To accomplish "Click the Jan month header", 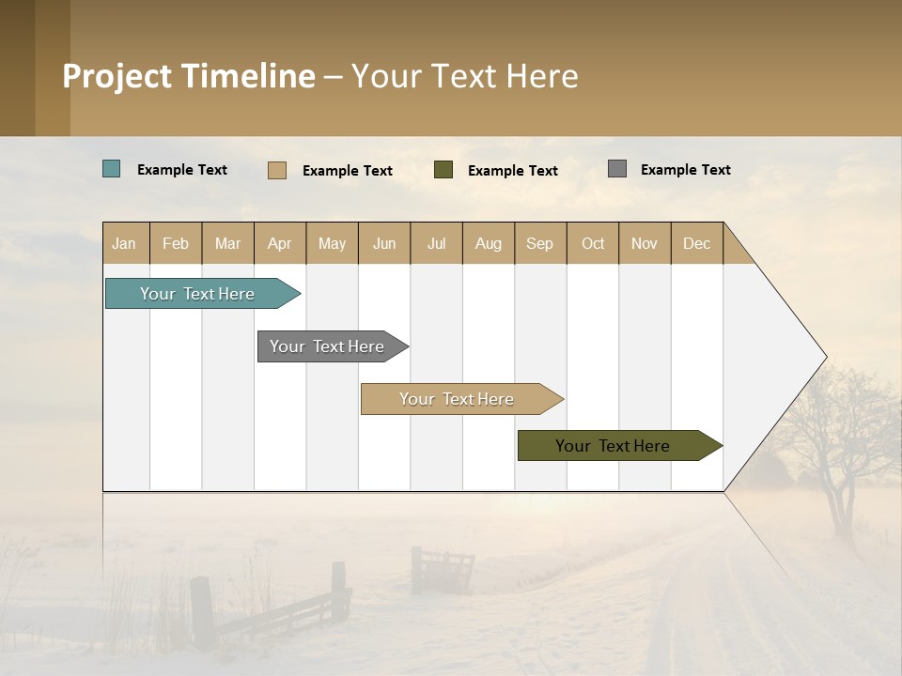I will [x=125, y=243].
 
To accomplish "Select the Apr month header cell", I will [x=280, y=243].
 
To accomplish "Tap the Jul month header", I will [x=436, y=243].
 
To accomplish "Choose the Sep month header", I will [x=540, y=243].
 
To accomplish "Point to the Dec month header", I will [x=696, y=243].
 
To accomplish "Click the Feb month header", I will [x=176, y=243].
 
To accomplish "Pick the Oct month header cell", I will [x=593, y=243].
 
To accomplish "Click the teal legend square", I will [x=112, y=169].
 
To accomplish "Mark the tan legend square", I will [x=277, y=170].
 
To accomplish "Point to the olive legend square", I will [x=443, y=170].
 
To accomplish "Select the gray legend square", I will [x=617, y=169].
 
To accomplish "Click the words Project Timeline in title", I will [x=189, y=76].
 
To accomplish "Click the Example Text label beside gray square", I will [x=685, y=170].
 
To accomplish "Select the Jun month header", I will [x=384, y=243].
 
